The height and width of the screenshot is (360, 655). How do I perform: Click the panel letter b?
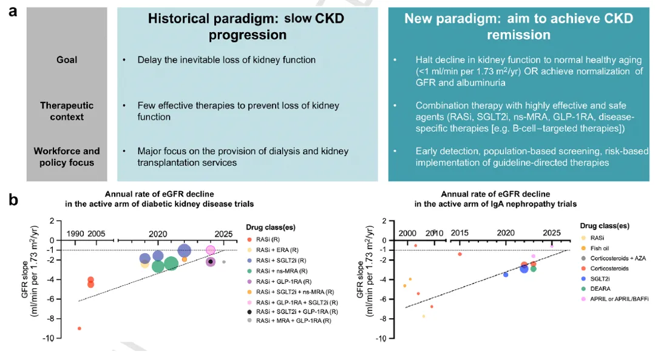click(13, 199)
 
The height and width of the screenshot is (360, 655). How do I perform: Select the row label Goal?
click(67, 60)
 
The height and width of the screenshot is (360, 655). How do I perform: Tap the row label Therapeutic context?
click(67, 110)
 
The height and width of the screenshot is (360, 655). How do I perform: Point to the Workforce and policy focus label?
click(67, 156)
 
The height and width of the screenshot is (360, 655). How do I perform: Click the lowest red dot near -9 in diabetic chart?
click(80, 328)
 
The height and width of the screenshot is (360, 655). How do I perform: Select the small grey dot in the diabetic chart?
click(223, 262)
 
